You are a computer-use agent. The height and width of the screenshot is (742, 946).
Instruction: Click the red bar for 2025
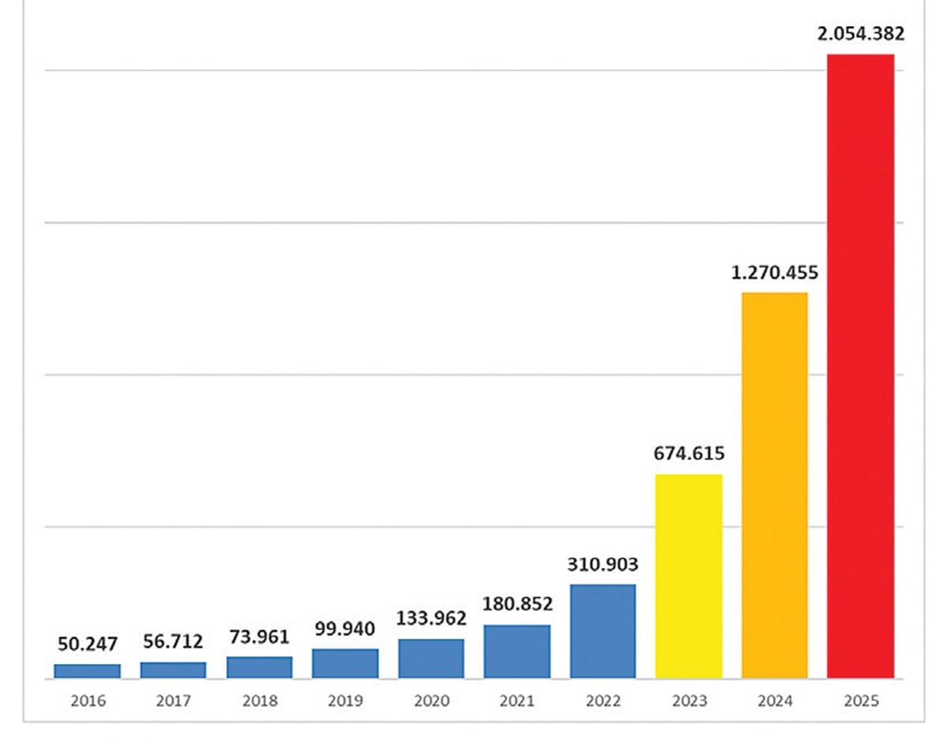[x=860, y=366]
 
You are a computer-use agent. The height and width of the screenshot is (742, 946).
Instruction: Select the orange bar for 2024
[x=774, y=485]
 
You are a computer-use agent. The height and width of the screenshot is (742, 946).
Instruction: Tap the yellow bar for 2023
[x=688, y=576]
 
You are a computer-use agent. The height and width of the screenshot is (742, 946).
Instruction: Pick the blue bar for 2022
[x=602, y=631]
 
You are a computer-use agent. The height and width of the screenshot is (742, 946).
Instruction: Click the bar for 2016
[x=88, y=670]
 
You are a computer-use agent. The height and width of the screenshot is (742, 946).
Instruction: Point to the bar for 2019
[x=345, y=663]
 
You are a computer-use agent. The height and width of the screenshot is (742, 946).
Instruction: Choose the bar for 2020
[x=431, y=659]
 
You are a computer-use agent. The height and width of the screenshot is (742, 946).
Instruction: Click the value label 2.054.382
[x=860, y=34]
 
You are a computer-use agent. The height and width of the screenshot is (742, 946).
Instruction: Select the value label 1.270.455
[x=774, y=273]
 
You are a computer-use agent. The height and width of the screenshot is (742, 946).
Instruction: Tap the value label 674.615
[x=688, y=454]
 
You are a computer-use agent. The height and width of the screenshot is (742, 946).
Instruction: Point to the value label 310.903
[x=602, y=565]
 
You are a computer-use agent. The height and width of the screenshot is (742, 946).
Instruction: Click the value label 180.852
[x=517, y=604]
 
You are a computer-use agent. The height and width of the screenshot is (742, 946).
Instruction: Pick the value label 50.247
[x=88, y=644]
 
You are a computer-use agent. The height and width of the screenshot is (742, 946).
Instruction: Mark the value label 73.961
[x=259, y=636]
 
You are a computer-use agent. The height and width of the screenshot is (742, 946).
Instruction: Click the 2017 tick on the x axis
[x=173, y=700]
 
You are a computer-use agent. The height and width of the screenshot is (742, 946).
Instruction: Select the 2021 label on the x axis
[x=517, y=700]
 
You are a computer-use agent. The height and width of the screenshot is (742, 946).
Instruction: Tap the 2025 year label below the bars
[x=860, y=700]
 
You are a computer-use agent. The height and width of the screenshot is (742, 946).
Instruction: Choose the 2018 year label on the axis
[x=259, y=700]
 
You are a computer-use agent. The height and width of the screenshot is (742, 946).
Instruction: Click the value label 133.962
[x=431, y=618]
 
